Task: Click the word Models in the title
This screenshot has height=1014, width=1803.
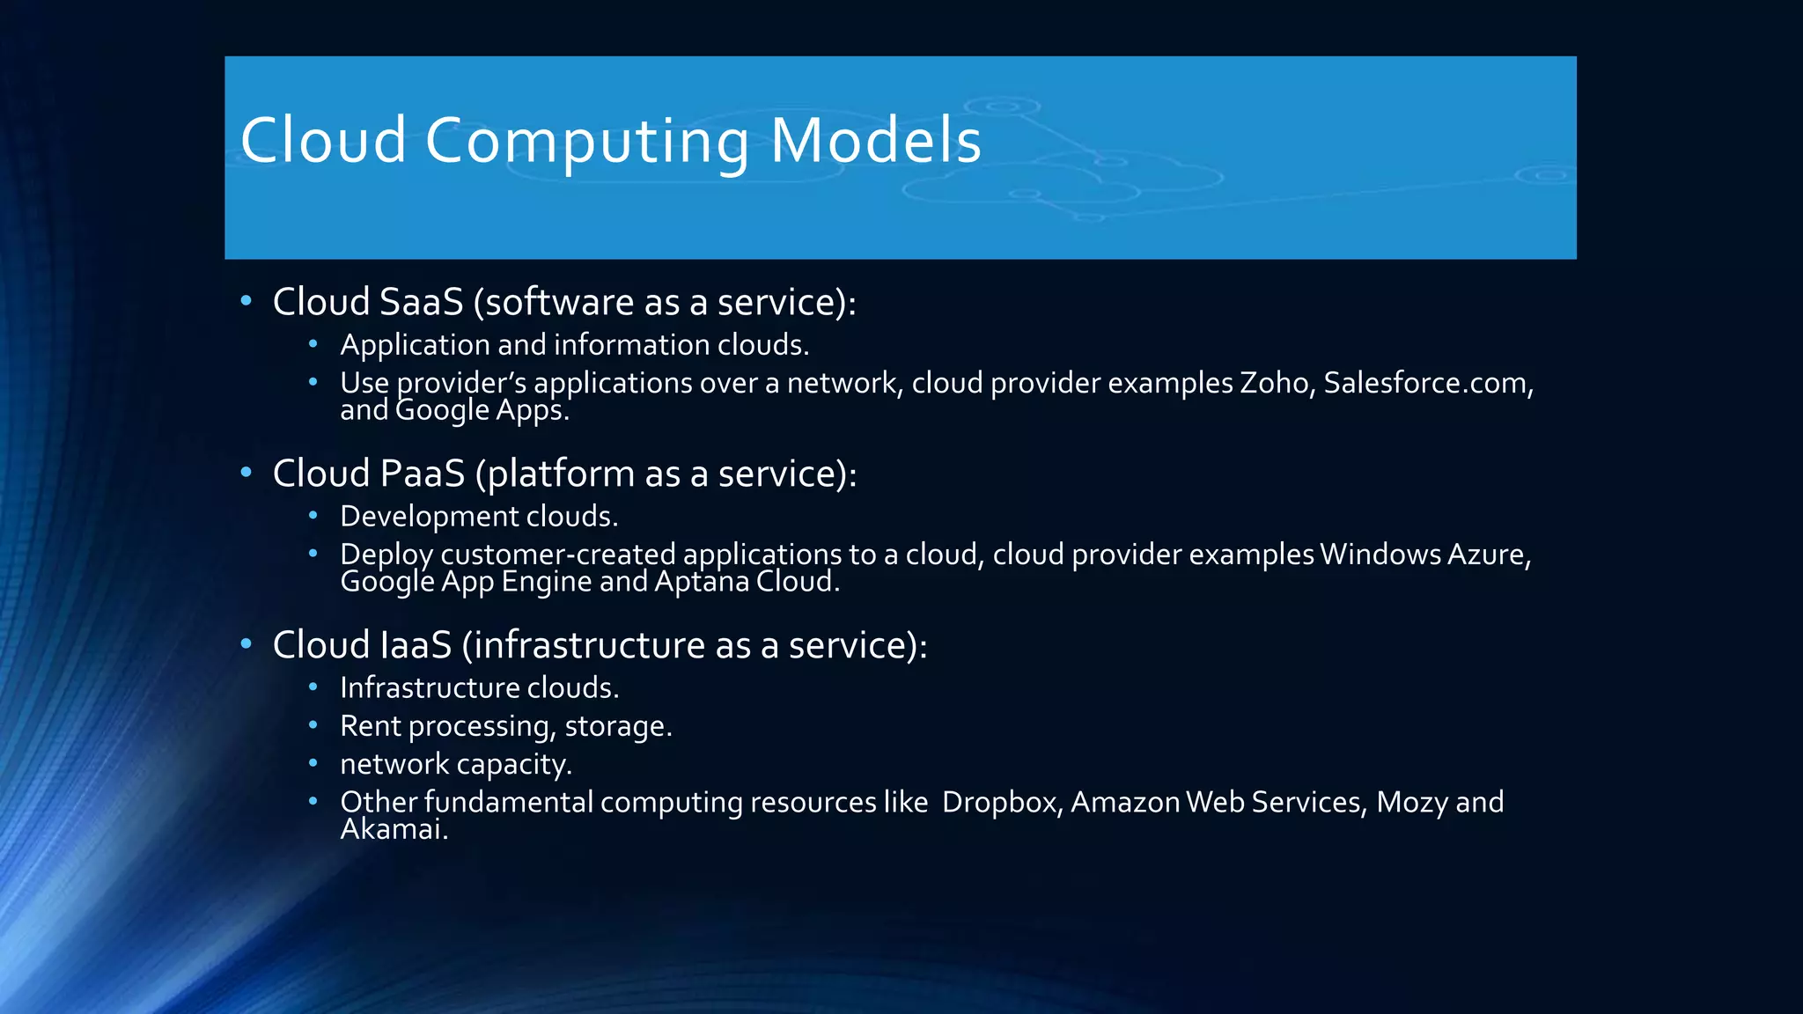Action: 875,141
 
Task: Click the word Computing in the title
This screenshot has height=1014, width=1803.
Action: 587,141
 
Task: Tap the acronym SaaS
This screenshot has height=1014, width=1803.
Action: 422,302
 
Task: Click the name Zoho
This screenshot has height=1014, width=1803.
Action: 1274,383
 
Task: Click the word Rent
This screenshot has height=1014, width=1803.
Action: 370,726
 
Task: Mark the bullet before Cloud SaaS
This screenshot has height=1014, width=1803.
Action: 247,301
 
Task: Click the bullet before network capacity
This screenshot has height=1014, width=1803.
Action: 313,763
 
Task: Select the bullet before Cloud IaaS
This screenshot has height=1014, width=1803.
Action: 247,644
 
